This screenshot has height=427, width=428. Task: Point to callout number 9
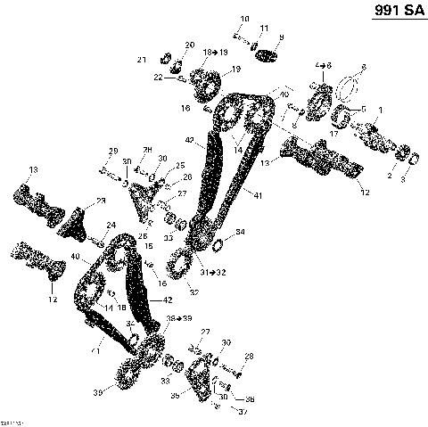tap(282, 37)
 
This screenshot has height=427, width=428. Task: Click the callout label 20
tap(189, 45)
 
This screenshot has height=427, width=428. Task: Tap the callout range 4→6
tap(324, 67)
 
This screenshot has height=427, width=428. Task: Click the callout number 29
tap(113, 150)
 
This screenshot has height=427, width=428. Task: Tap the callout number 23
tap(101, 201)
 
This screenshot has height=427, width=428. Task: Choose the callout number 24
tap(110, 225)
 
